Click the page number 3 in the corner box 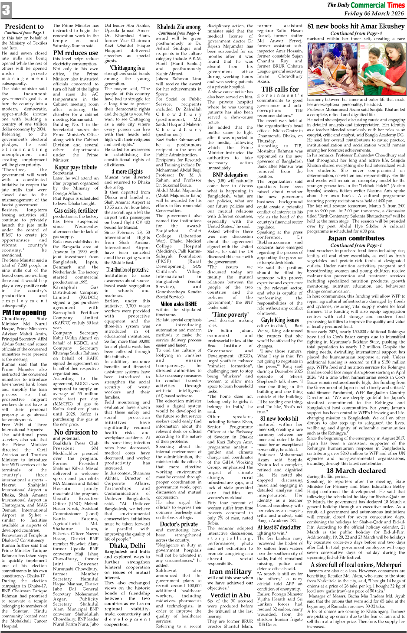6,10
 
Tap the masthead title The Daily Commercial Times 366,5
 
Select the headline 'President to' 24,26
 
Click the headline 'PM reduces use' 76,53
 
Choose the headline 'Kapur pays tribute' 76,167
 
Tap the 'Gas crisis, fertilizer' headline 76,211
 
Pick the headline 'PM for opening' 24,312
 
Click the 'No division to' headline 76,432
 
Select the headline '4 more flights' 127,172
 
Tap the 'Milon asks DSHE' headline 179,304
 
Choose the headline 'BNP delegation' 230,175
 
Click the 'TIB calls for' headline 280,89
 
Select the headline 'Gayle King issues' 280,320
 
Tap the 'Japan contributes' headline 355,238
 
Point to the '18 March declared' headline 355,471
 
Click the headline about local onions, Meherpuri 355,565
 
